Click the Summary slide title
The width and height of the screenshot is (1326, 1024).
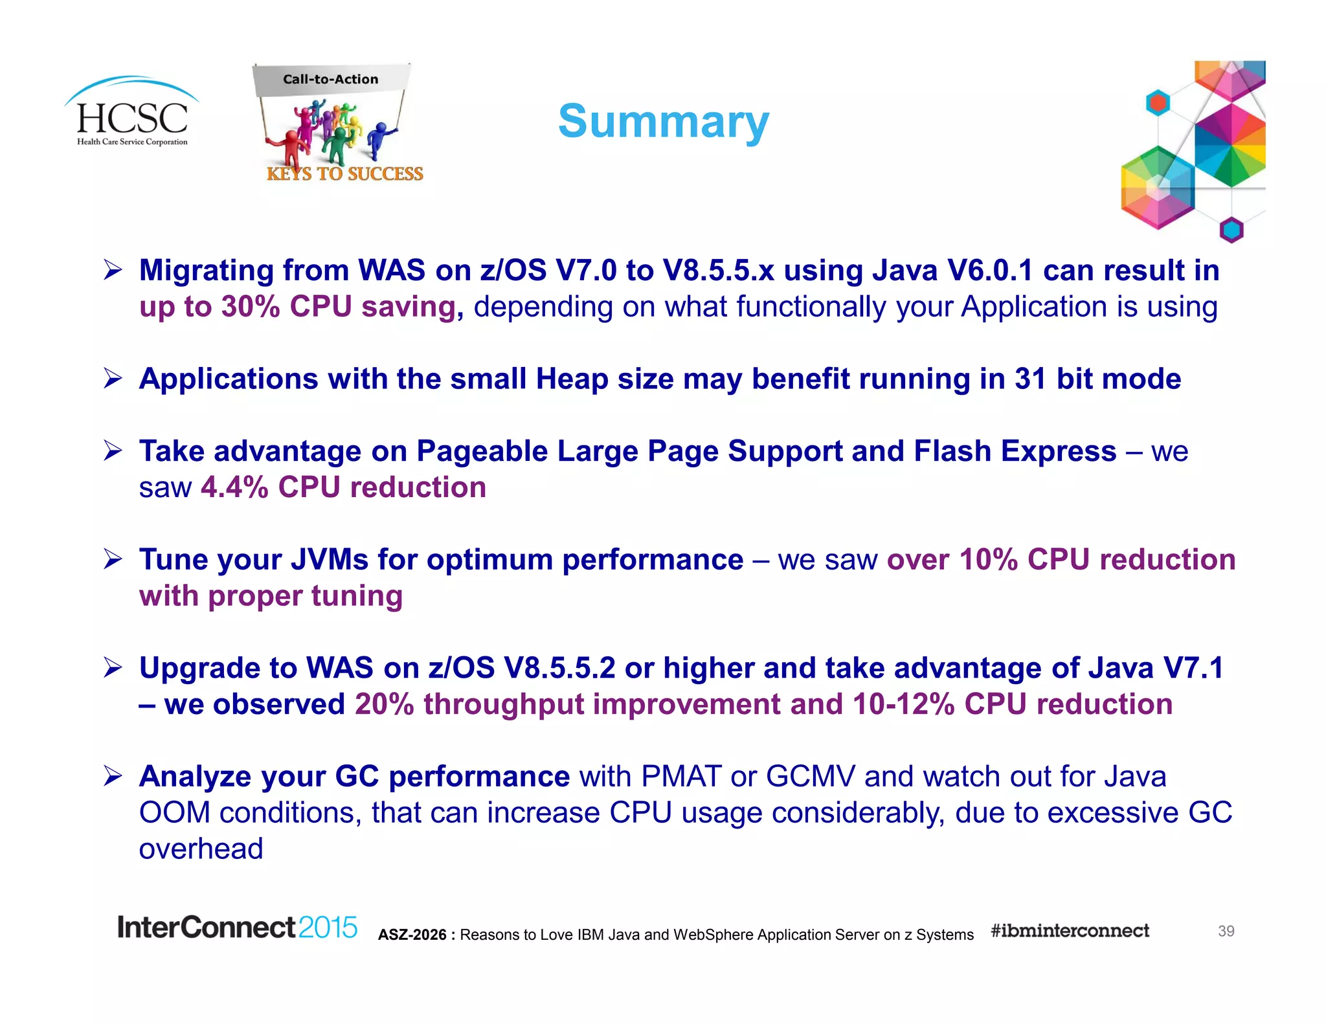(663, 121)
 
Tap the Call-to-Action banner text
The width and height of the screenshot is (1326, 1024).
(330, 79)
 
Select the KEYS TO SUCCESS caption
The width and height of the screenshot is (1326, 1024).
(344, 173)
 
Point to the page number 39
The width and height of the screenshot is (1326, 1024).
(1226, 931)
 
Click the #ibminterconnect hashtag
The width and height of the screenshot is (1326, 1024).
(1070, 931)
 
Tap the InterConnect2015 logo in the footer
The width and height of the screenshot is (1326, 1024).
(237, 928)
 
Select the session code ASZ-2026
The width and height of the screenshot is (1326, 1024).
(412, 935)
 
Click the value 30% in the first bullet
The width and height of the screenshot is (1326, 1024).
(250, 307)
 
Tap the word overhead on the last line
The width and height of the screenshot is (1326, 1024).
(201, 849)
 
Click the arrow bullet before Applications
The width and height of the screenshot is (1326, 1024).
(113, 379)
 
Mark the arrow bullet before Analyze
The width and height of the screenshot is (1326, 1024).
(113, 776)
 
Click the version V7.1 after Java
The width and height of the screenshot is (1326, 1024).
(1193, 668)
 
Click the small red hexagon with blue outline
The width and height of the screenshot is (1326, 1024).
(1158, 103)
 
